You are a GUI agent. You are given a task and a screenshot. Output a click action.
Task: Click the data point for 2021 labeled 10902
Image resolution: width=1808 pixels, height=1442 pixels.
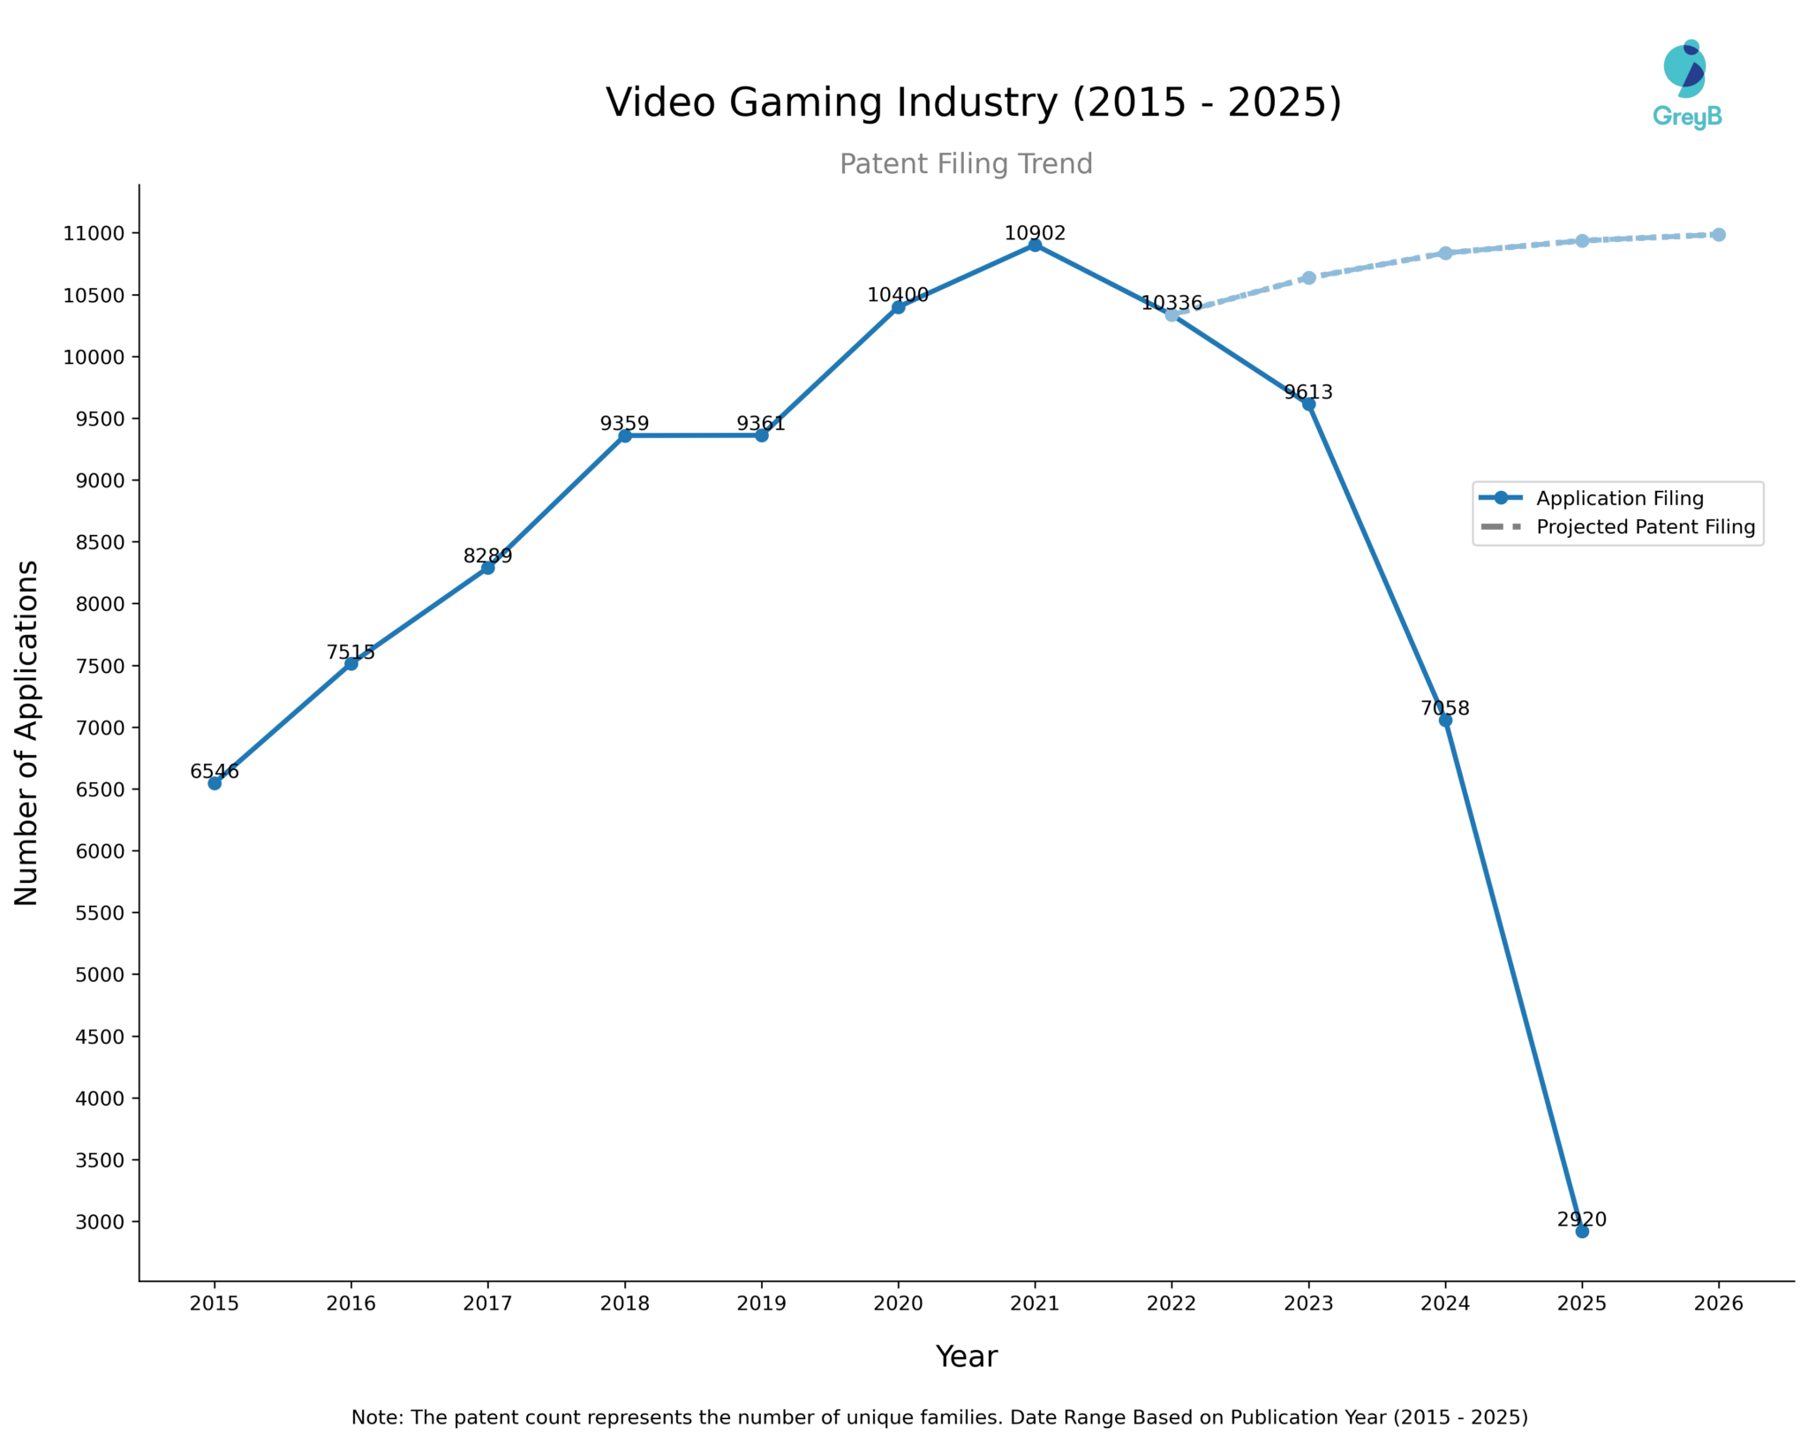click(x=1035, y=245)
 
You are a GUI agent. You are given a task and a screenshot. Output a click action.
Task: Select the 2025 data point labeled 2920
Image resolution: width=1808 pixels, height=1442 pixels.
click(x=1582, y=1231)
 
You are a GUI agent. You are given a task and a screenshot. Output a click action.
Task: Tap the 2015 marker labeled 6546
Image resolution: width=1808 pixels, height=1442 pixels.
click(x=215, y=783)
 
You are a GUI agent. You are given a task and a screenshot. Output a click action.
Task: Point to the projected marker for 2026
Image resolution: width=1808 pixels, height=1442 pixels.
click(x=1718, y=235)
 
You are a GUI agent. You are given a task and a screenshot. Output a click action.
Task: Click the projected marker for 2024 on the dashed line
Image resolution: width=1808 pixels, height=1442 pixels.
click(x=1445, y=253)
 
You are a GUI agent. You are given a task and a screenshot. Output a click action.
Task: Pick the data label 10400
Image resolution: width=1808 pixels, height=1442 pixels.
click(x=898, y=295)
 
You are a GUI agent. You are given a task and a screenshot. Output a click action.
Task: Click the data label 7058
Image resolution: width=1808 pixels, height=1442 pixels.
click(x=1444, y=708)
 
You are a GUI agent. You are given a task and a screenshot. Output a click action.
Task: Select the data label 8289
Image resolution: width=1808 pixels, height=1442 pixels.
click(x=487, y=555)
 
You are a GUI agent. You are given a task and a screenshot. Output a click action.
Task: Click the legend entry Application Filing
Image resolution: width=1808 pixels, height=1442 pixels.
click(x=1619, y=498)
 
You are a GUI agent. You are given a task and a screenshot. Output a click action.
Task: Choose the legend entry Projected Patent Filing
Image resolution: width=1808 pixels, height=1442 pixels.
click(x=1645, y=527)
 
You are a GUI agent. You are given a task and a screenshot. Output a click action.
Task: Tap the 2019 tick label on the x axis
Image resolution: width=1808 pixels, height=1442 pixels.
click(x=761, y=1303)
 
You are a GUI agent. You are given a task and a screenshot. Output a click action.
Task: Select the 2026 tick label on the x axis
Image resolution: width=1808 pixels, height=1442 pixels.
click(x=1718, y=1303)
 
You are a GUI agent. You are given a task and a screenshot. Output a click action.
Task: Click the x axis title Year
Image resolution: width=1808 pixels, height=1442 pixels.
click(x=966, y=1356)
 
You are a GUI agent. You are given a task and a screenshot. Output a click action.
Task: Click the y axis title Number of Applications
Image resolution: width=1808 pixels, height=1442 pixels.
click(x=26, y=732)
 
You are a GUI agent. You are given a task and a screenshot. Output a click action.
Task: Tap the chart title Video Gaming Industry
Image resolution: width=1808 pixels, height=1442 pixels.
click(x=973, y=102)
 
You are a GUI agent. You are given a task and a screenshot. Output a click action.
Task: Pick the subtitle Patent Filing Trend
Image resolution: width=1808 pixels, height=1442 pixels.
click(x=966, y=164)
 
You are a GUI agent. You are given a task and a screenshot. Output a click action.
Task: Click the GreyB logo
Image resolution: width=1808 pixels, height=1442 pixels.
click(x=1686, y=85)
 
